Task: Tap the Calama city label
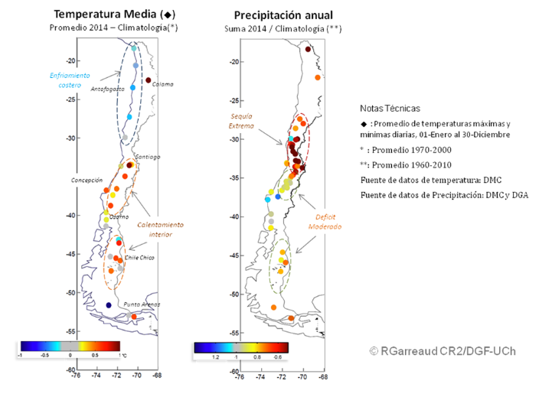(x=163, y=84)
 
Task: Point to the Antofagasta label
(x=107, y=89)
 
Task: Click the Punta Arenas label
(x=142, y=304)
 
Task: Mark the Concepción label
(x=87, y=181)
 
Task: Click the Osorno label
(x=119, y=218)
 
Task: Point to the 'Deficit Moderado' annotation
(x=325, y=222)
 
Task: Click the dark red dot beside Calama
(x=149, y=80)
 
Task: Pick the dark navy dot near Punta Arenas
(x=109, y=305)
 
